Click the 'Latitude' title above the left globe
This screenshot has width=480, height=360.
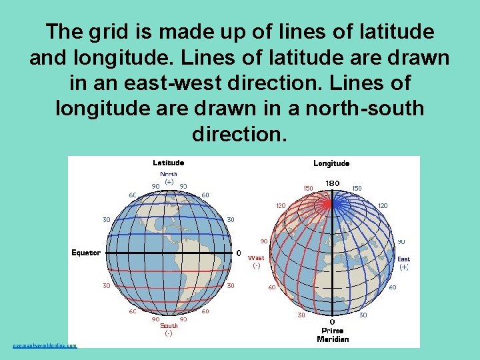(168, 162)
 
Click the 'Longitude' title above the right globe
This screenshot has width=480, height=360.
(331, 163)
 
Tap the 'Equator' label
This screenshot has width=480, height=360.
(86, 253)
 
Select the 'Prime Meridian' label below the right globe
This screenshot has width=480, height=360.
(333, 335)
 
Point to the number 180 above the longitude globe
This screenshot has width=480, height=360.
(332, 183)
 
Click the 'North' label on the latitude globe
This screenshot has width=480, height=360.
(168, 174)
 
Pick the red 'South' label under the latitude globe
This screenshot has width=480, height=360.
(169, 326)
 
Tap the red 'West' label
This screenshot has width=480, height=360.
(256, 257)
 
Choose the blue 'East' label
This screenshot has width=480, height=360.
(404, 259)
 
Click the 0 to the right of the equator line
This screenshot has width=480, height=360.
(239, 253)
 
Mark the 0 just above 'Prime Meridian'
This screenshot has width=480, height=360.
(332, 322)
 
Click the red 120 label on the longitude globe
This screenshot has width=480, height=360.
(281, 205)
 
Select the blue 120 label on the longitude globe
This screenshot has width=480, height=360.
(383, 206)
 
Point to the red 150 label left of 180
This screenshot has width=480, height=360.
(308, 188)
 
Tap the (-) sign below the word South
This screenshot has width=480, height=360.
(169, 333)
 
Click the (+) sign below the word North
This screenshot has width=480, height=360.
(169, 181)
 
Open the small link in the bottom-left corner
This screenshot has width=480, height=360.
(45, 345)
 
